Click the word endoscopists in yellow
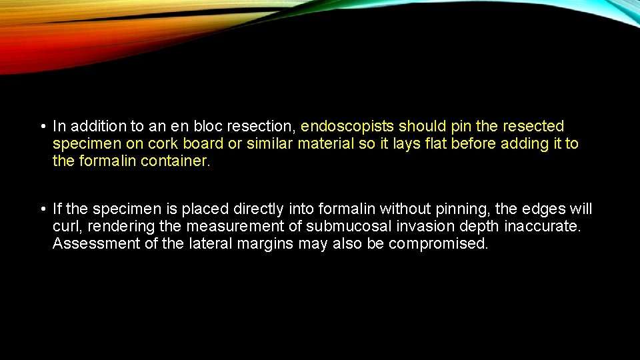[348, 127]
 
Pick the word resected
[533, 127]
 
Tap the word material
[327, 144]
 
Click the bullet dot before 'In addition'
[41, 127]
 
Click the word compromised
[438, 244]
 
